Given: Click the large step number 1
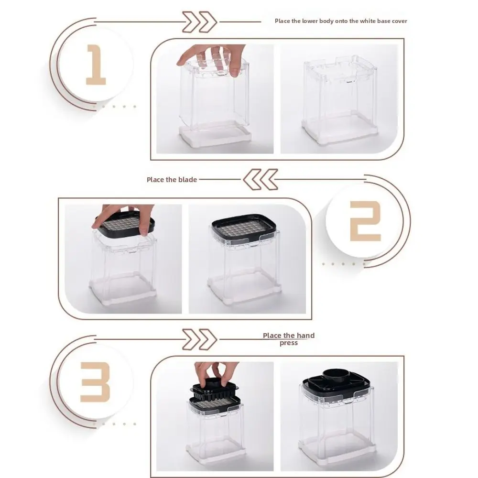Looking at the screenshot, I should [96, 65].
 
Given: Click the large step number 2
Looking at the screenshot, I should [365, 221].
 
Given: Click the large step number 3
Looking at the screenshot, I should [95, 381].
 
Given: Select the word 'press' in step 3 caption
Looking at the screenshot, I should [288, 343].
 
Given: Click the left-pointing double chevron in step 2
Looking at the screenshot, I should [260, 180].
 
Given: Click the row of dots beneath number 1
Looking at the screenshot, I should [118, 106].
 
